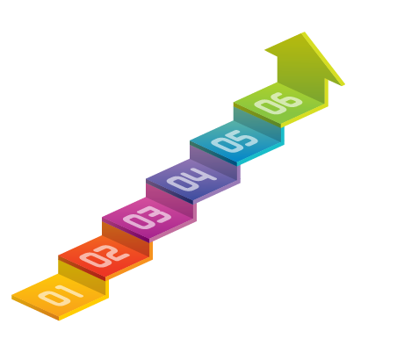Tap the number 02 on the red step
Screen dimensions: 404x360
coord(105,256)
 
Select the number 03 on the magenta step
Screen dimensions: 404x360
coord(148,217)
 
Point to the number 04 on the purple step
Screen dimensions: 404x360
coord(191,179)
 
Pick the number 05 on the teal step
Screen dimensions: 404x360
coord(234,141)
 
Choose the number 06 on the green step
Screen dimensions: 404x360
coord(278,103)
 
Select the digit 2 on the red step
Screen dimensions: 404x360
coord(114,252)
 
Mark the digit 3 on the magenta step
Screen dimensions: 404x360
coord(157,213)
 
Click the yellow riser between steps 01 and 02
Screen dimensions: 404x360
coord(82,276)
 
